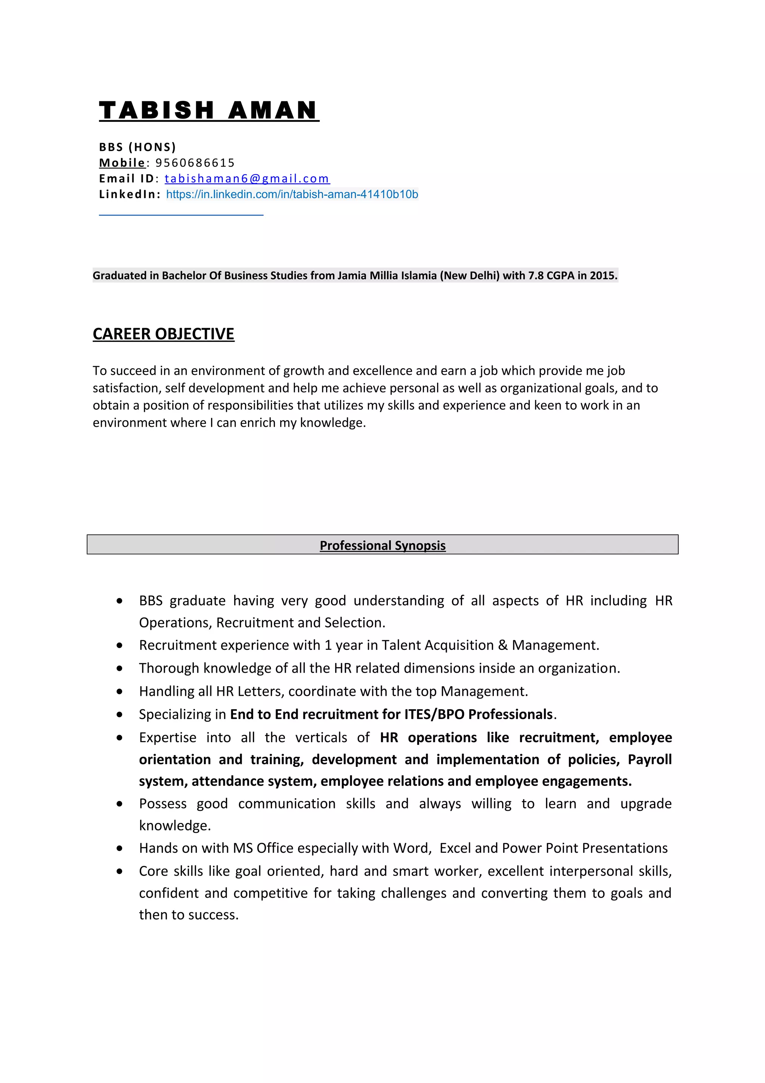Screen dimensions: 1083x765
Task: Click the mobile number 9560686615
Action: (195, 163)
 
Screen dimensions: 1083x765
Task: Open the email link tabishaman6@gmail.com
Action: (247, 179)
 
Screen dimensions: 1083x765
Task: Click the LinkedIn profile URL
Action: (292, 194)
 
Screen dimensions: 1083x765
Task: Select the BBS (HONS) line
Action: (137, 147)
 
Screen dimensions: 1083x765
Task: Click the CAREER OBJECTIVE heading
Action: (163, 334)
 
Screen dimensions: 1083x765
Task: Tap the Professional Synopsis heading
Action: (382, 545)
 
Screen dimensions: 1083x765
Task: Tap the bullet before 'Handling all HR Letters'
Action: (120, 691)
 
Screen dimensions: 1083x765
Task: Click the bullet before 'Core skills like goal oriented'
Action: (120, 871)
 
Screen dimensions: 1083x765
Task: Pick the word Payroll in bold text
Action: (650, 759)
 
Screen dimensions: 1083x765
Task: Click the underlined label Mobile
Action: (122, 163)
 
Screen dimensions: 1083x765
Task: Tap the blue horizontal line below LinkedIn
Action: (181, 215)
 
